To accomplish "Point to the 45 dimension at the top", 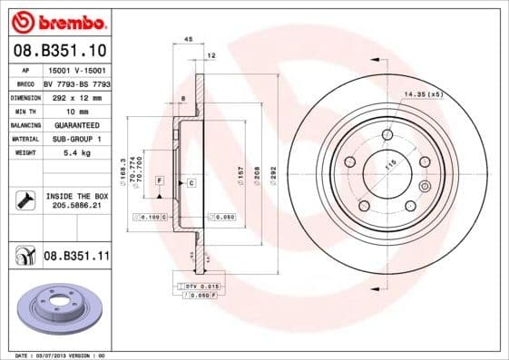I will [x=188, y=39].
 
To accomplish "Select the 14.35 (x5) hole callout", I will [x=423, y=94].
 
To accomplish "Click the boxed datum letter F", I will [x=159, y=182].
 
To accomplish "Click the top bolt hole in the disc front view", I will [x=387, y=135].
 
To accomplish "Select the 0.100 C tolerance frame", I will [x=148, y=218].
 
